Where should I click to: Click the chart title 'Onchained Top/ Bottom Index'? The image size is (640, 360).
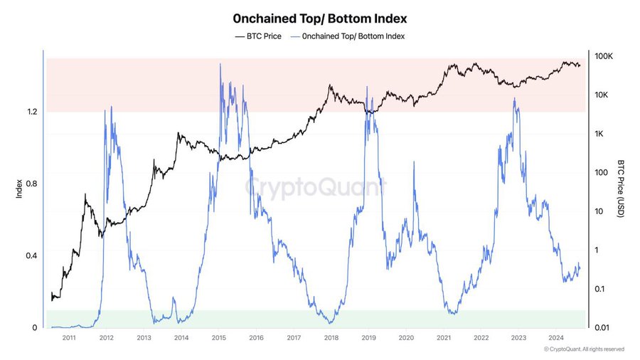320,16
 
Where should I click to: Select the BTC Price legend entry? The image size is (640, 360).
259,36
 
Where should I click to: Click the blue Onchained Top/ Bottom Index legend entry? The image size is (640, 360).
348,36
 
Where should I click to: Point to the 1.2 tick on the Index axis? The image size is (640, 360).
31,112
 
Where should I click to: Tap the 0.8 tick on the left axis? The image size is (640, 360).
31,184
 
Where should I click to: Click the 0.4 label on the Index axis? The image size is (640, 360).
31,255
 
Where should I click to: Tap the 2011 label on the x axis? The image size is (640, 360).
69,338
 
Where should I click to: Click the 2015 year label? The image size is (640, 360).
218,338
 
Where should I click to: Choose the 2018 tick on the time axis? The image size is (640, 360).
331,338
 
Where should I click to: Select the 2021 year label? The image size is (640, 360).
444,338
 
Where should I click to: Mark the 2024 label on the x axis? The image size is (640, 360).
556,338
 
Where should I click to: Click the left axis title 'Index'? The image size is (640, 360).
18,189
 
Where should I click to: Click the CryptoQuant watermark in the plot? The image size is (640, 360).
315,188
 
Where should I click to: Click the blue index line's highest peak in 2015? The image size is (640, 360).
220,64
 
